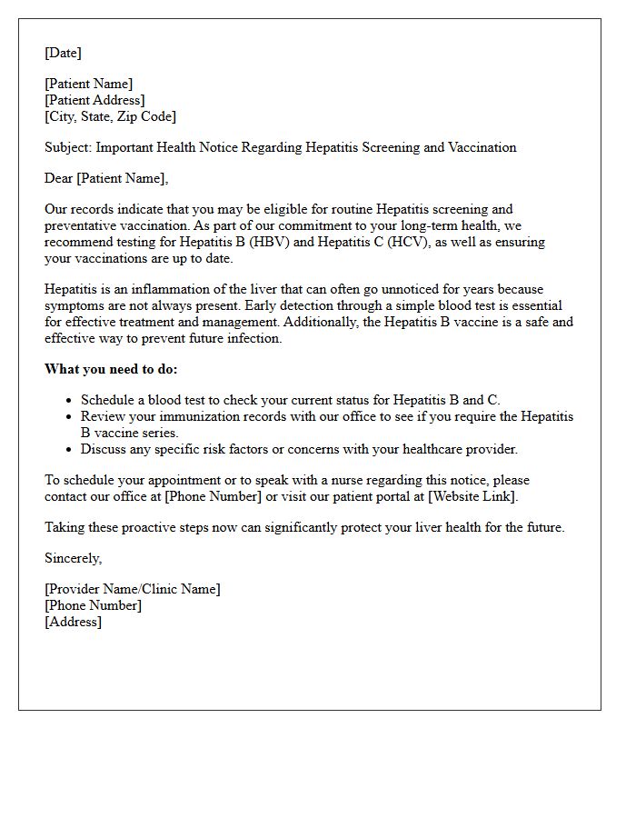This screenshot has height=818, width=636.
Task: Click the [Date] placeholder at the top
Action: pos(63,53)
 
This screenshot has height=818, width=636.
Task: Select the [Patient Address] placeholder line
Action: pos(94,100)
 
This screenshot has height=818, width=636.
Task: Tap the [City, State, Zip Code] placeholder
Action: pos(110,116)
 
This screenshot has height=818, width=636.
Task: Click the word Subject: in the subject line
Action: pos(68,147)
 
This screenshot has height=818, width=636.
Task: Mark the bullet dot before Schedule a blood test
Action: pos(69,400)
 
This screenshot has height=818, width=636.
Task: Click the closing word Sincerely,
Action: pos(74,558)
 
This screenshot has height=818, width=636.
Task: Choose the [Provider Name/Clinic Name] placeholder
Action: pos(133,589)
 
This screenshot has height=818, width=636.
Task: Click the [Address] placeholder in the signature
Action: pos(74,622)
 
